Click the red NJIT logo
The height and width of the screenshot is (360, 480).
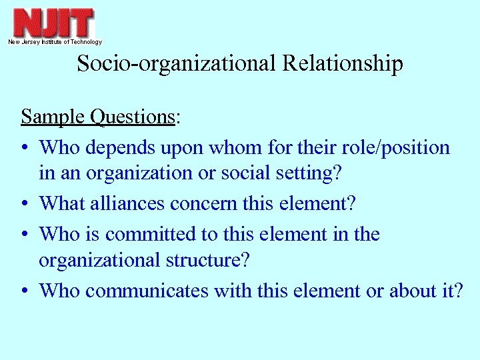(x=54, y=23)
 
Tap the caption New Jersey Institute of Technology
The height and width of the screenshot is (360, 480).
(x=55, y=42)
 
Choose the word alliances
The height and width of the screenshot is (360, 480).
(x=127, y=203)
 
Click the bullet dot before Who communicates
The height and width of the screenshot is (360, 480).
(x=25, y=291)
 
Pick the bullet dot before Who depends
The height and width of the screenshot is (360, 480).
(x=25, y=148)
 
